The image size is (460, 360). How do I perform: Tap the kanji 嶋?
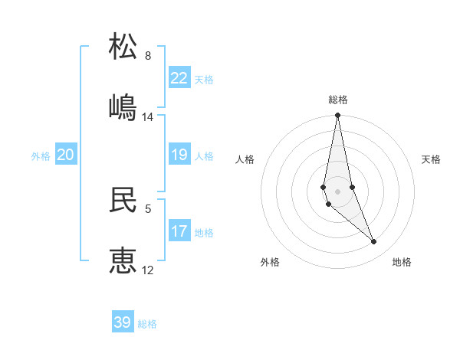[x=123, y=107]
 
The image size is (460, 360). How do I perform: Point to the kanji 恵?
[x=123, y=260]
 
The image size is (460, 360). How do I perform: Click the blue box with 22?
[x=179, y=78]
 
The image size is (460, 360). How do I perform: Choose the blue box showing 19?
[x=179, y=155]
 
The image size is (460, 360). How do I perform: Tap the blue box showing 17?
[x=179, y=231]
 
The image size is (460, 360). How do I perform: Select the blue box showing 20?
[x=66, y=155]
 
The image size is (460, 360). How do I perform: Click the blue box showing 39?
[x=123, y=322]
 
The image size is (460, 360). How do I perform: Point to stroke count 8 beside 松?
[x=148, y=56]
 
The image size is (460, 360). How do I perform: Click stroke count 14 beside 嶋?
[x=148, y=117]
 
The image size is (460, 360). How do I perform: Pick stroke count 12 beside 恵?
[x=148, y=270]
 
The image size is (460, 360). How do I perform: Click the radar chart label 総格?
[x=338, y=100]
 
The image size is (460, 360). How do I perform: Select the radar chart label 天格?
[x=431, y=159]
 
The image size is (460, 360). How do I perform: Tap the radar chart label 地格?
[x=402, y=262]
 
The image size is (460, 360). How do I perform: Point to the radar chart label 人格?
[x=245, y=159]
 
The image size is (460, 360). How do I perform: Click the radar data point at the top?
[x=338, y=116]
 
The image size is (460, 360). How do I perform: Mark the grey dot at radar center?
[x=338, y=191]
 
